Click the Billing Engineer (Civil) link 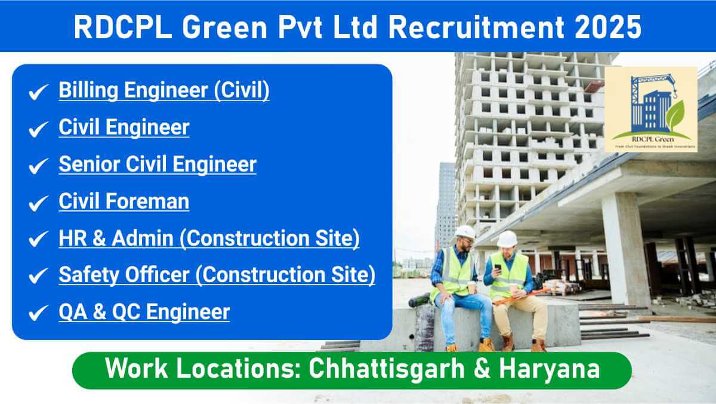163,91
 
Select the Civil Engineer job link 124,127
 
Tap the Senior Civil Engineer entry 158,164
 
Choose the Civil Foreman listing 124,201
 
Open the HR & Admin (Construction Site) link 209,238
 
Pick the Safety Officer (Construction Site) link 217,275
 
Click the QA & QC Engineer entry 144,312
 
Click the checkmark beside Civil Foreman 38,203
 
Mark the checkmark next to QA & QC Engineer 38,313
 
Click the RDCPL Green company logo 650,109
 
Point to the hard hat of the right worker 507,238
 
